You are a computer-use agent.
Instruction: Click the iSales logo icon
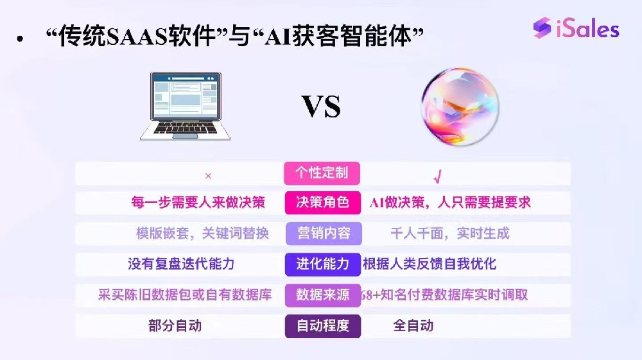[542, 28]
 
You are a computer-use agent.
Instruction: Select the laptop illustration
[186, 106]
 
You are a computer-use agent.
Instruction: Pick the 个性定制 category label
[322, 173]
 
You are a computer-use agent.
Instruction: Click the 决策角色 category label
[322, 203]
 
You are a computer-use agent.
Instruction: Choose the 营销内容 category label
[323, 233]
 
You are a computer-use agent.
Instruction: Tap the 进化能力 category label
[323, 264]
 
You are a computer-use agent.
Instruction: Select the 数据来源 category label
[323, 295]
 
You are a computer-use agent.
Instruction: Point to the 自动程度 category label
[323, 325]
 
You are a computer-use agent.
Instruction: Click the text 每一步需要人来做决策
[198, 203]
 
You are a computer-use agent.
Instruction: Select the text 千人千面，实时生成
[449, 233]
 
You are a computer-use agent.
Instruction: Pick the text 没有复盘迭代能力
[181, 264]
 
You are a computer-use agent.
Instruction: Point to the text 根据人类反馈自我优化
[429, 264]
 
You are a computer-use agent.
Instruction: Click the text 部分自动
[175, 325]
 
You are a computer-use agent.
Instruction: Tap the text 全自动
[413, 325]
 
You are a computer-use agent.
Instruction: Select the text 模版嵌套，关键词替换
[202, 233]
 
